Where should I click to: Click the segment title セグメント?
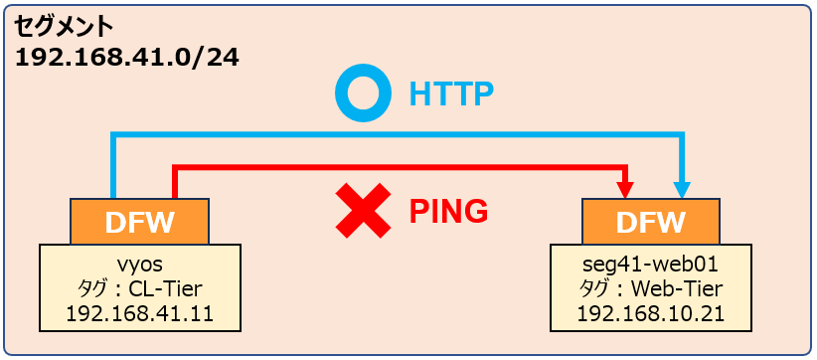tap(64, 27)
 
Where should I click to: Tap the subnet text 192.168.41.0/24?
tap(127, 59)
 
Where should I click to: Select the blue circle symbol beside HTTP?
tap(363, 94)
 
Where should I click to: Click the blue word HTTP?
tap(450, 94)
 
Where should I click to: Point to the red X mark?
tap(363, 211)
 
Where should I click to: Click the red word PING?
tap(448, 211)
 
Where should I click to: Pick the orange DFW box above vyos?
tap(139, 222)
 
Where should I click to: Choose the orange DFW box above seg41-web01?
tap(650, 222)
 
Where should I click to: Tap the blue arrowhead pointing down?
tap(682, 190)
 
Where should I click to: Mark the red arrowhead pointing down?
tap(627, 190)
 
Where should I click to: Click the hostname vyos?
tap(139, 266)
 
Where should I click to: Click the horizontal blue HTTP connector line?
tap(397, 135)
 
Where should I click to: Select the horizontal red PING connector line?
tap(401, 168)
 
